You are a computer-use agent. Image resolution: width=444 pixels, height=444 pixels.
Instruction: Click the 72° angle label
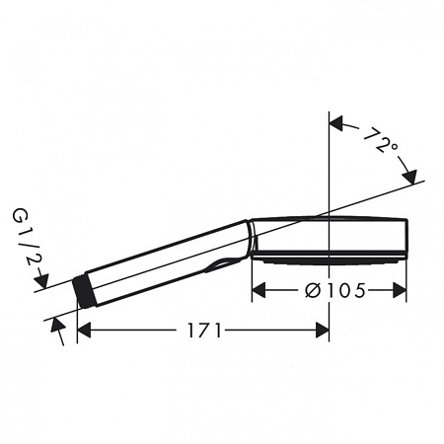(x=382, y=141)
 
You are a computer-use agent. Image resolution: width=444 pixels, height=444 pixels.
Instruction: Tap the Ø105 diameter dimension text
(x=335, y=290)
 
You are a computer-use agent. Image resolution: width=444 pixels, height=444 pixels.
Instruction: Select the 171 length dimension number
(x=204, y=331)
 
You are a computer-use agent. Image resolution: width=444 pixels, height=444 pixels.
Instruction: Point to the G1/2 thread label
(x=26, y=238)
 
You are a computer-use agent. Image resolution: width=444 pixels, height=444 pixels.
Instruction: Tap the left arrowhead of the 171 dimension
(x=84, y=330)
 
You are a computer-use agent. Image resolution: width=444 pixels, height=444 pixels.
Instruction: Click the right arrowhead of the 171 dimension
(x=322, y=330)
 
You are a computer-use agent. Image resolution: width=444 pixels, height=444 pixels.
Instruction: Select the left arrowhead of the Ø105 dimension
(x=259, y=290)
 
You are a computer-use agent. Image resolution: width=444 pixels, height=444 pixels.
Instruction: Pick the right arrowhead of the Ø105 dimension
(x=400, y=290)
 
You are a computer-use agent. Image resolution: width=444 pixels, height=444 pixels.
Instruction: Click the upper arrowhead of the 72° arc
(x=336, y=123)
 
